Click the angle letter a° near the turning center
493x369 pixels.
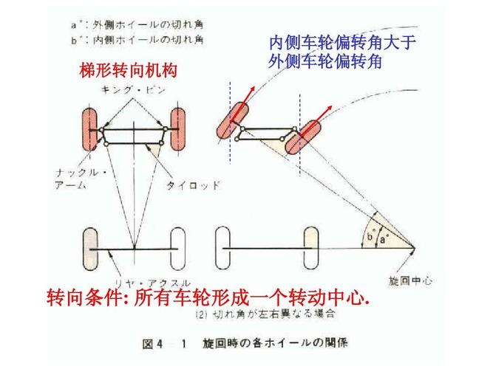[x=384, y=238]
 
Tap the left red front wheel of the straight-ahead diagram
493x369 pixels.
[x=91, y=130]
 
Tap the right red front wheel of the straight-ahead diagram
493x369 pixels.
[x=177, y=130]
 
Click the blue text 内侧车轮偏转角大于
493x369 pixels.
[x=342, y=44]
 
